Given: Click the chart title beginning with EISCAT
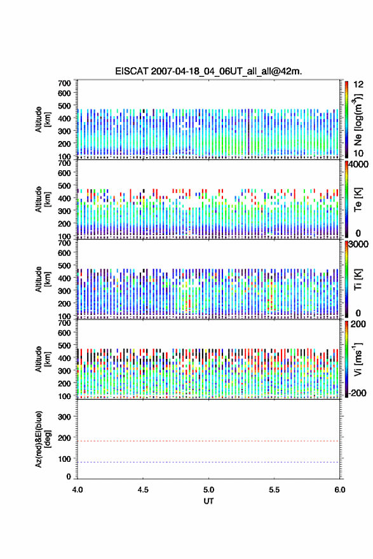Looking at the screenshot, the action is [208, 71].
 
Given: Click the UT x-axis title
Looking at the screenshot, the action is [208, 501].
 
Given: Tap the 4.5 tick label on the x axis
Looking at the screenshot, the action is [143, 490].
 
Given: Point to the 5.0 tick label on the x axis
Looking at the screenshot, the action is [208, 490].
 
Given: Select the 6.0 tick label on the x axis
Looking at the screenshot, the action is [340, 490].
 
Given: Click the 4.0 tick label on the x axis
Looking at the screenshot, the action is [78, 490].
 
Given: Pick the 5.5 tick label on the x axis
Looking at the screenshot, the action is [275, 490].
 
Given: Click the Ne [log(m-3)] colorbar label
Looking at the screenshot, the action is [358, 119].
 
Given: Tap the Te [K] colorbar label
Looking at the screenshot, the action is [358, 199].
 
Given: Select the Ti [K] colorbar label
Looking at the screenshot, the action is [358, 279].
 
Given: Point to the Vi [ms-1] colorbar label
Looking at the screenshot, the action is [358, 359].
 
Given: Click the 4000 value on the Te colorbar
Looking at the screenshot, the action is [358, 165].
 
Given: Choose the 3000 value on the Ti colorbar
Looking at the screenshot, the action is [358, 245].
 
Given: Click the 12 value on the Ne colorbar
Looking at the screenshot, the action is [358, 84].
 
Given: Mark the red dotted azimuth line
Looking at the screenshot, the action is [208, 441].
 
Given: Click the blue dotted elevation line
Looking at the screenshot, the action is [208, 462].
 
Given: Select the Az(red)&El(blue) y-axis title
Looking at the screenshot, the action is [43, 439].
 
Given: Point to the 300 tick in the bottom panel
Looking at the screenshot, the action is [64, 417].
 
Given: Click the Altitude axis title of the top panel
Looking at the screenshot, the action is [43, 119].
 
